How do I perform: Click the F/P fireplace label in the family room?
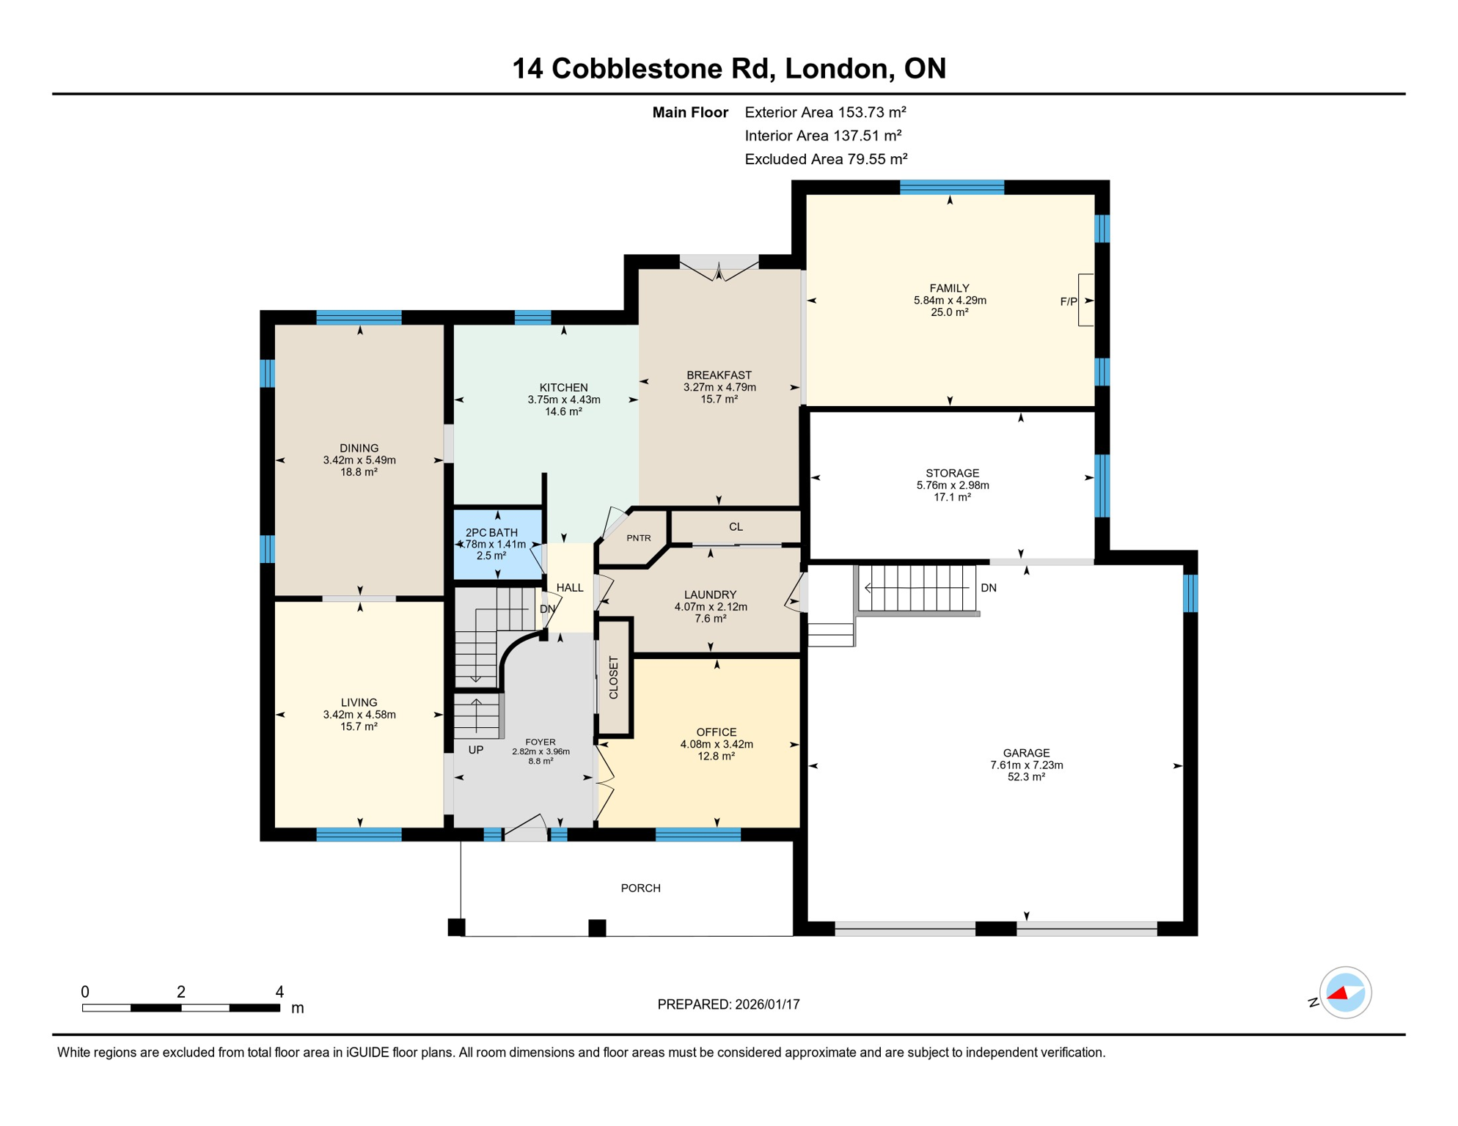tap(1068, 301)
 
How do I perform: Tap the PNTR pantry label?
tap(638, 538)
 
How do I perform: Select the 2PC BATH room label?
tap(491, 533)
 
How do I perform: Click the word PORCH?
tap(640, 888)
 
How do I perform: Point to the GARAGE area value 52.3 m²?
tap(1025, 777)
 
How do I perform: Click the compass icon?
tap(1344, 993)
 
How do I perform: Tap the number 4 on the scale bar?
tap(279, 992)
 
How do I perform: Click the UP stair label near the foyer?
tap(476, 750)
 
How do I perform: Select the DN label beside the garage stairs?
tap(988, 588)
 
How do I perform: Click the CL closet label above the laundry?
tap(736, 527)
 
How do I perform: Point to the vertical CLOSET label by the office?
tap(614, 677)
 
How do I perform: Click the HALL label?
tap(570, 588)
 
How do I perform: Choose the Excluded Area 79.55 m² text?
tap(826, 159)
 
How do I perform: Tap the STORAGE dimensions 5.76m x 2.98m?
tap(952, 485)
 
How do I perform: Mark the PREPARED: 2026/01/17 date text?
tap(728, 1004)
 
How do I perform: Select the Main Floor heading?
tap(689, 112)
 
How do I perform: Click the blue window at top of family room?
tap(951, 187)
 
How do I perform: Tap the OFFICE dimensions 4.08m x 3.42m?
tap(716, 744)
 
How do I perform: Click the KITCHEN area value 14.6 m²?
tap(563, 412)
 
